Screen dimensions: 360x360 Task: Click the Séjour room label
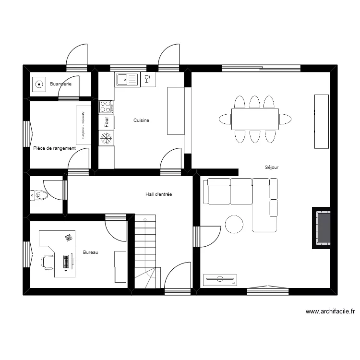(x=272, y=168)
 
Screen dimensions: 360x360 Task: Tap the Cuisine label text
(x=141, y=120)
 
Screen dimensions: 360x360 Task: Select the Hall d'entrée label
(x=159, y=194)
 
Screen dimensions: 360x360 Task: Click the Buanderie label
(x=60, y=84)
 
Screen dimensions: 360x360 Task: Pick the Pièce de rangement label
(x=54, y=148)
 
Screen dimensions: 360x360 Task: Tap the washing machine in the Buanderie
(x=38, y=84)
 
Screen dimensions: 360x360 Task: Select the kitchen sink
(x=127, y=79)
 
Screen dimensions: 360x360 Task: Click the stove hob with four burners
(x=106, y=106)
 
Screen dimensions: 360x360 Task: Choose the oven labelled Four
(x=106, y=122)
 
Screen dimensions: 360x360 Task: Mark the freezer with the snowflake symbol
(x=106, y=139)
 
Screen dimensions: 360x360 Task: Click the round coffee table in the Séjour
(x=235, y=224)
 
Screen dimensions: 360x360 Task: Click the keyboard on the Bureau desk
(x=65, y=262)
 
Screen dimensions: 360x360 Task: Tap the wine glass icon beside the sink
(x=147, y=79)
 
